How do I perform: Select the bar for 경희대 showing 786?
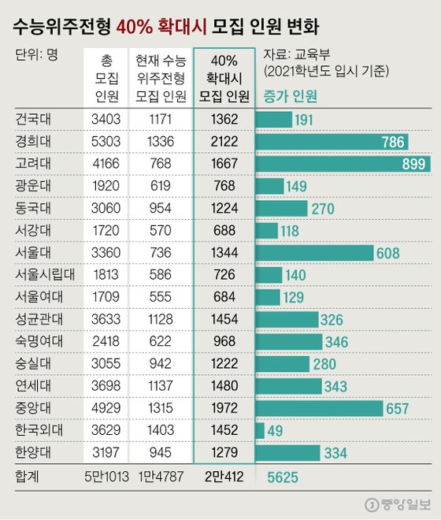332,142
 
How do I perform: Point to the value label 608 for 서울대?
390,253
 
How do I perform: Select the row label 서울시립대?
44,275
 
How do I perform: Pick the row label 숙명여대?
39,341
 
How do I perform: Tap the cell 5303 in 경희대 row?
107,142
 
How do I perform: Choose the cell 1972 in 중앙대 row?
224,407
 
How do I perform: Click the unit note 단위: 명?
36,56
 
